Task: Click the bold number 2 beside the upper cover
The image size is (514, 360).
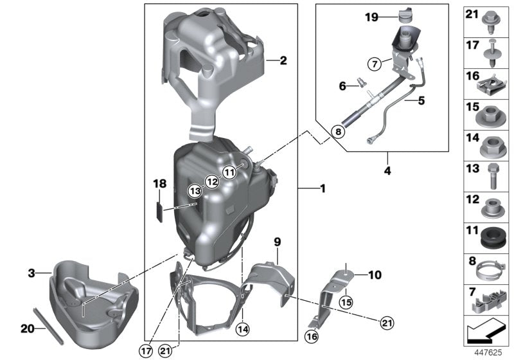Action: click(283, 62)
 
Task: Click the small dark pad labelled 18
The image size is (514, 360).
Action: click(163, 210)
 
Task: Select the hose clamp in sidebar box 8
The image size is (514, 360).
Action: click(492, 267)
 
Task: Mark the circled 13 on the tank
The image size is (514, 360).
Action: click(195, 191)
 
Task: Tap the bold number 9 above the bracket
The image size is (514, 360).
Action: click(277, 242)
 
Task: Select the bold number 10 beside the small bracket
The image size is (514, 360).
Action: click(374, 275)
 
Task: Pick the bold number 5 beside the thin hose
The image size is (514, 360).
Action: click(421, 100)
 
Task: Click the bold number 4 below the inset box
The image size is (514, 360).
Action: click(387, 155)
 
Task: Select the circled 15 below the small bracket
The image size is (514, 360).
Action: click(347, 302)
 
